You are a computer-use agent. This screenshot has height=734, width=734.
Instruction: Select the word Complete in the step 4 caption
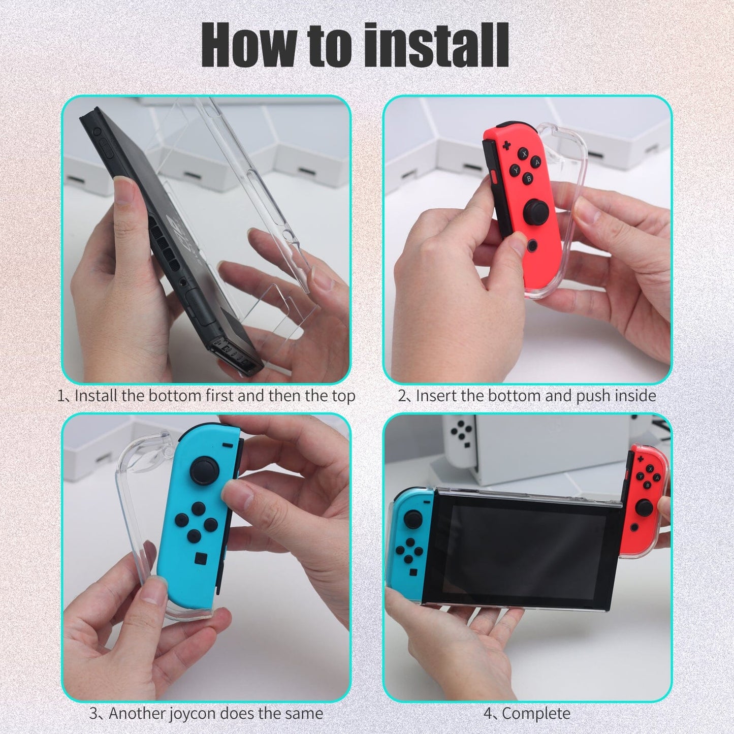point(536,713)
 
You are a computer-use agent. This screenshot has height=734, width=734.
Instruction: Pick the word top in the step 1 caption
point(343,396)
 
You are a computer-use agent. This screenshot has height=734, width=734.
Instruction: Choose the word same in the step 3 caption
point(304,713)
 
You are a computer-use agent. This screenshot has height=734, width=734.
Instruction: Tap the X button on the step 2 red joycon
point(524,153)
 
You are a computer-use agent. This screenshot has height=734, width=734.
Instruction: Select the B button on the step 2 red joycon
point(529,178)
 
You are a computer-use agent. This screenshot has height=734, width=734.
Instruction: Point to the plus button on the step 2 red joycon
point(506,146)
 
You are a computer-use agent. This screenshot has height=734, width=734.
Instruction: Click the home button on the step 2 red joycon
point(531,246)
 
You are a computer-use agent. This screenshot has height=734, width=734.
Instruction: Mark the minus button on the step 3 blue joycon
point(228,445)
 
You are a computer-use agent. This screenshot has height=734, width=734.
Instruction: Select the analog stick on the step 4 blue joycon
point(412,519)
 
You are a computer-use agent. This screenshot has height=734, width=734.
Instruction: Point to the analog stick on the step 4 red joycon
point(644,507)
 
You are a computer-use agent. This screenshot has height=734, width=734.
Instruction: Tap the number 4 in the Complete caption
point(488,713)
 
